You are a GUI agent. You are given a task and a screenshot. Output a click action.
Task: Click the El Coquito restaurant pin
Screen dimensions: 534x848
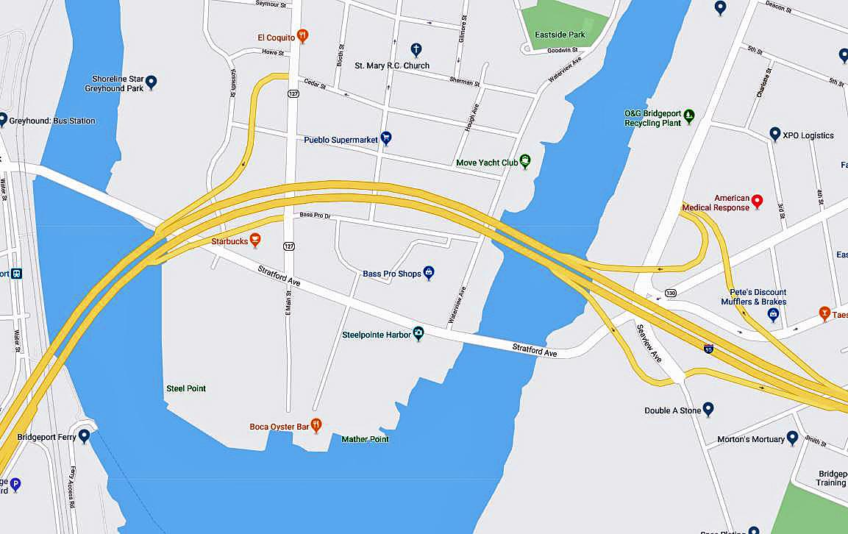[302, 36]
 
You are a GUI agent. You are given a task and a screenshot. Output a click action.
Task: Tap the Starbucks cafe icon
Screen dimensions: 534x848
[255, 240]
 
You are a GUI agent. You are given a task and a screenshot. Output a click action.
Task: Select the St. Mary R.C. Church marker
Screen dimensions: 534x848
[416, 50]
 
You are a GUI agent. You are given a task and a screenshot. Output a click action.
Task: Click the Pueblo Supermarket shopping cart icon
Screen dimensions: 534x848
[385, 138]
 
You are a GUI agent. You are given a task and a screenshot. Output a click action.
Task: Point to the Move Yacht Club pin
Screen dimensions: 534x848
[524, 161]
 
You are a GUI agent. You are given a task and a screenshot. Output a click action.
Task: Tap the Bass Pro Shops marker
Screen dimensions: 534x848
[429, 273]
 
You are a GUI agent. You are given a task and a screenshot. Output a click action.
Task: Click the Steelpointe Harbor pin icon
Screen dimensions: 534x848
[418, 334]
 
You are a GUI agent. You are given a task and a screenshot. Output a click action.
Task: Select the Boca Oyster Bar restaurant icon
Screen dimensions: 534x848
[316, 425]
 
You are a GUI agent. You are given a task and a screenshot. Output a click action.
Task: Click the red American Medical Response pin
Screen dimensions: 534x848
[757, 202]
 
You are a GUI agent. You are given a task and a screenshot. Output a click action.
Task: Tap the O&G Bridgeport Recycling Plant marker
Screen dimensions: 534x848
[689, 115]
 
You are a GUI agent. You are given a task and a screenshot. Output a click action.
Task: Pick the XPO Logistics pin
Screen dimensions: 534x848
[774, 134]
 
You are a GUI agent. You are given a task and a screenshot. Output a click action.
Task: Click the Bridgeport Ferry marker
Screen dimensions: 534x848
[85, 436]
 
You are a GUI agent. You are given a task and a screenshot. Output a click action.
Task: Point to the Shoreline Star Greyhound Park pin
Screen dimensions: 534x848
[152, 82]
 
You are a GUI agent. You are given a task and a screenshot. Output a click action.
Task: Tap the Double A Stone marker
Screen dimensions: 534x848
[708, 409]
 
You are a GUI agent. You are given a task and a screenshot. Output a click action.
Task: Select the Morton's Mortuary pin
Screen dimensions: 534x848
[792, 438]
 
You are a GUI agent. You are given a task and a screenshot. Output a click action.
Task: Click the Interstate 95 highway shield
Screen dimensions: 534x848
[708, 348]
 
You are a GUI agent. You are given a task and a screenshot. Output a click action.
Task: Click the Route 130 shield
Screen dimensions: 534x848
[670, 293]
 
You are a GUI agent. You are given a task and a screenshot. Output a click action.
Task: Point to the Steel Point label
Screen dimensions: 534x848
[186, 388]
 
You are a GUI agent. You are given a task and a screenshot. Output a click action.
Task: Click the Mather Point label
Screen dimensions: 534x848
[365, 439]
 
